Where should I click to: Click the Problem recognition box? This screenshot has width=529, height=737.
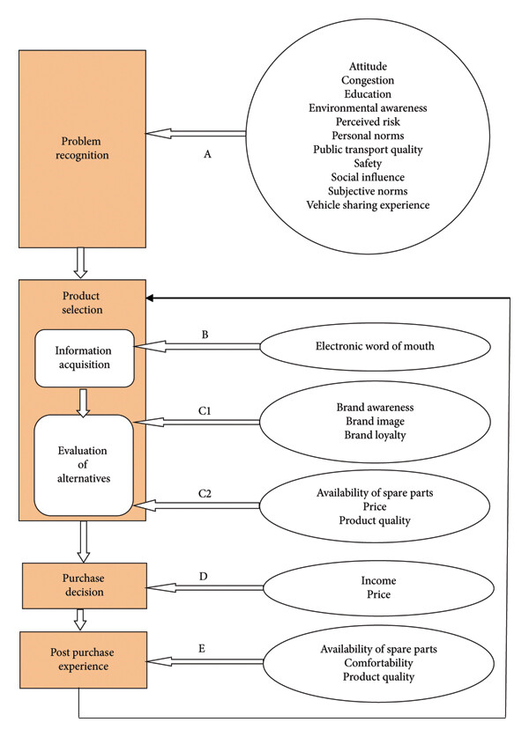pyautogui.click(x=82, y=149)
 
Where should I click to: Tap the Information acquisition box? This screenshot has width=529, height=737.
pyautogui.click(x=85, y=358)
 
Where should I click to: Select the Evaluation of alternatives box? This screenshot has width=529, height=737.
pyautogui.click(x=84, y=465)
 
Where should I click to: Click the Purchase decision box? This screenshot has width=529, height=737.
pyautogui.click(x=85, y=586)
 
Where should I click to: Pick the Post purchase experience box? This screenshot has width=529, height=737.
pyautogui.click(x=83, y=660)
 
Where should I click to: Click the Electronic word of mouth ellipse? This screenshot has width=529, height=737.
pyautogui.click(x=375, y=346)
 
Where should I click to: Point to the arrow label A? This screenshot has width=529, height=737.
pyautogui.click(x=207, y=154)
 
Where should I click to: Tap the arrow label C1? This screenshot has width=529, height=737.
pyautogui.click(x=205, y=411)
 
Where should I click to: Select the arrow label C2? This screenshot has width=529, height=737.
pyautogui.click(x=205, y=493)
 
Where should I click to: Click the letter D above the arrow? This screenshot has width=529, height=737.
pyautogui.click(x=204, y=576)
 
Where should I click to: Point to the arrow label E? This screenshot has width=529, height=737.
pyautogui.click(x=202, y=649)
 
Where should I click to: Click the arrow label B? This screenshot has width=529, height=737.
pyautogui.click(x=205, y=335)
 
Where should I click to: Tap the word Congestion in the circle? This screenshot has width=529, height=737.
pyautogui.click(x=368, y=81)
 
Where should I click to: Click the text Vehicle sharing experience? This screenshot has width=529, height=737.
pyautogui.click(x=368, y=205)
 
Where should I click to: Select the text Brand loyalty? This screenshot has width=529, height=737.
pyautogui.click(x=375, y=435)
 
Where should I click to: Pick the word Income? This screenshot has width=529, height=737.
pyautogui.click(x=378, y=580)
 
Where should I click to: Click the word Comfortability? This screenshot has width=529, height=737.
pyautogui.click(x=378, y=663)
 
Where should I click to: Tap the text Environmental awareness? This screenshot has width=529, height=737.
pyautogui.click(x=368, y=108)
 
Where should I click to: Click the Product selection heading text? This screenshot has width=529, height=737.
pyautogui.click(x=82, y=303)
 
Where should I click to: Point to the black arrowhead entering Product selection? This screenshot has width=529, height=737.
pyautogui.click(x=150, y=298)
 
